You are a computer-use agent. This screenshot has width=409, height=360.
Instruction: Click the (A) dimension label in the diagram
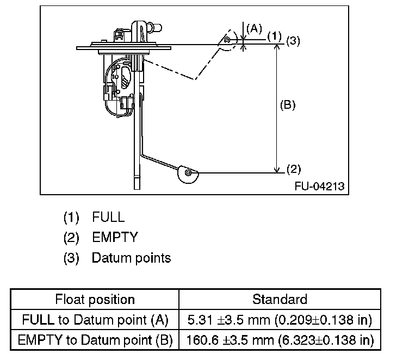pyautogui.click(x=254, y=28)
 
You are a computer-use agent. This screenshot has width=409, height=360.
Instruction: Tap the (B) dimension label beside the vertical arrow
pyautogui.click(x=288, y=105)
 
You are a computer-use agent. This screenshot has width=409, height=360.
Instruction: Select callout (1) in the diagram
pyautogui.click(x=275, y=36)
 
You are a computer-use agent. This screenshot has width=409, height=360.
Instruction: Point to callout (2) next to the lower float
pyautogui.click(x=294, y=169)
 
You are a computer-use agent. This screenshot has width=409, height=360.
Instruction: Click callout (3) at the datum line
pyautogui.click(x=293, y=41)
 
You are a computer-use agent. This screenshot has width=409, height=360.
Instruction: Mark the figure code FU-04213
pyautogui.click(x=320, y=187)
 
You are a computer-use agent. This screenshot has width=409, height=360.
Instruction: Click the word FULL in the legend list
pyautogui.click(x=108, y=217)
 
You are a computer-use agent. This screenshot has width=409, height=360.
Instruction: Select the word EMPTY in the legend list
pyautogui.click(x=115, y=237)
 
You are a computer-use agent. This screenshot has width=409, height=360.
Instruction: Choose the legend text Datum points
pyautogui.click(x=131, y=258)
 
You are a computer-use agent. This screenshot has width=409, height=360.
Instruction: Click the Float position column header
pyautogui.click(x=95, y=299)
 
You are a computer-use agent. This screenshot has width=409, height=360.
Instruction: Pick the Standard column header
pyautogui.click(x=280, y=299)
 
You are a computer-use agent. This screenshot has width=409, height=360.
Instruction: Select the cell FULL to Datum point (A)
pyautogui.click(x=95, y=320)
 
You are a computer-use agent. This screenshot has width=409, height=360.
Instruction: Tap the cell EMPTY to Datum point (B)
pyautogui.click(x=95, y=340)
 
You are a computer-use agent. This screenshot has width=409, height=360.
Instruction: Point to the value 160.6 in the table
pyautogui.click(x=202, y=340)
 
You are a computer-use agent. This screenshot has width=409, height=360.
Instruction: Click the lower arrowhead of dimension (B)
pyautogui.click(x=277, y=170)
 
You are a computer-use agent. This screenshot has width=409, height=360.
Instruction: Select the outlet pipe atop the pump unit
pyautogui.click(x=154, y=27)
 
